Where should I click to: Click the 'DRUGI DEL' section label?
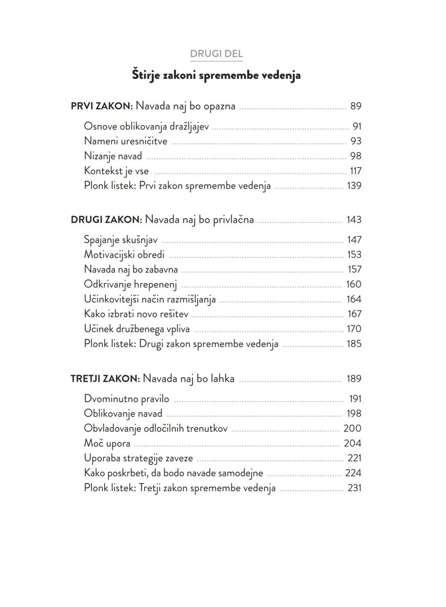tap(216, 54)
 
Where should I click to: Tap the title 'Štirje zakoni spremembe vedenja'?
tap(216, 75)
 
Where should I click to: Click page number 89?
tap(355, 107)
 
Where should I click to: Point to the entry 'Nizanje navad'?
tap(113, 156)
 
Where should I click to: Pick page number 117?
tap(355, 171)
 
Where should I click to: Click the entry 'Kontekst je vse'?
tap(116, 171)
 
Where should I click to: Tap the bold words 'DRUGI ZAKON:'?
tap(106, 220)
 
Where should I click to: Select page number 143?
tap(354, 220)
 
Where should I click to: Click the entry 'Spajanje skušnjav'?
tap(120, 240)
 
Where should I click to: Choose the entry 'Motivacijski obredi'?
tap(124, 254)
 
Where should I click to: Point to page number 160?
tap(353, 284)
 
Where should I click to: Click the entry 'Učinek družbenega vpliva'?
tap(137, 329)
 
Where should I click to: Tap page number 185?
tap(354, 344)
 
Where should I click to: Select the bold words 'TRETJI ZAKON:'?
tap(105, 379)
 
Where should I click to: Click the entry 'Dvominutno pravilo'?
tap(126, 399)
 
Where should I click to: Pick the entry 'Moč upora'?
tap(107, 444)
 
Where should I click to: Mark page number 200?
tap(352, 428)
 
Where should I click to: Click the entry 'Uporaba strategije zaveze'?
tap(138, 458)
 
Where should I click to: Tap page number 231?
tap(354, 488)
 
